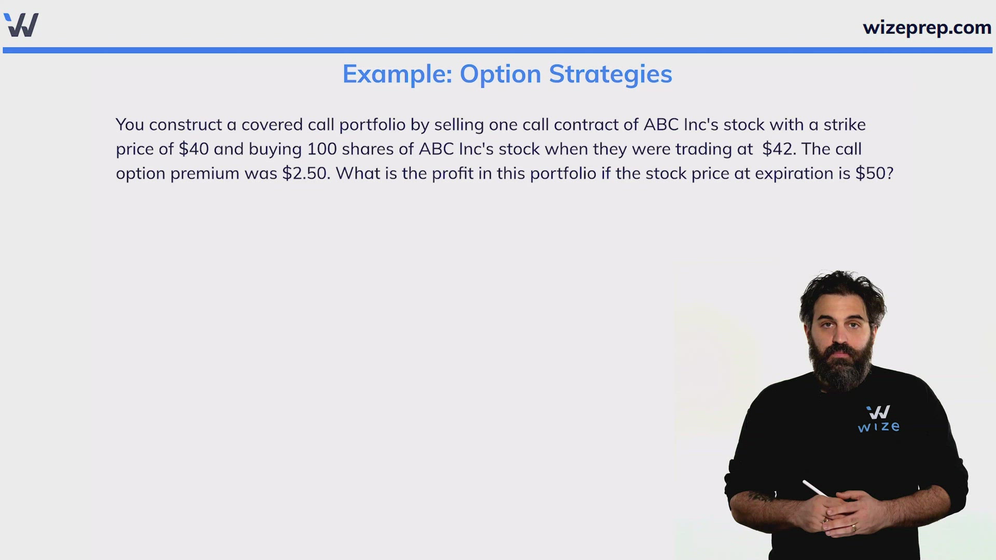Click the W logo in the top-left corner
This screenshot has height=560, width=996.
(21, 25)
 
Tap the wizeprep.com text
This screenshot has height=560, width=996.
(927, 27)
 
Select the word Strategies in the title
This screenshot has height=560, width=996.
(611, 75)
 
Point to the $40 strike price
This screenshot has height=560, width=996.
(193, 149)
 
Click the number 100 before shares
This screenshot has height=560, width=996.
(322, 149)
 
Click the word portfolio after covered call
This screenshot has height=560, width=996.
(372, 125)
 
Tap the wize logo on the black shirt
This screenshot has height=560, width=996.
(878, 419)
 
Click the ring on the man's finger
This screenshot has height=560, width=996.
(853, 528)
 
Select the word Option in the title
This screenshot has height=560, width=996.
(501, 75)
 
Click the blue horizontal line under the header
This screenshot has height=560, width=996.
(497, 50)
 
